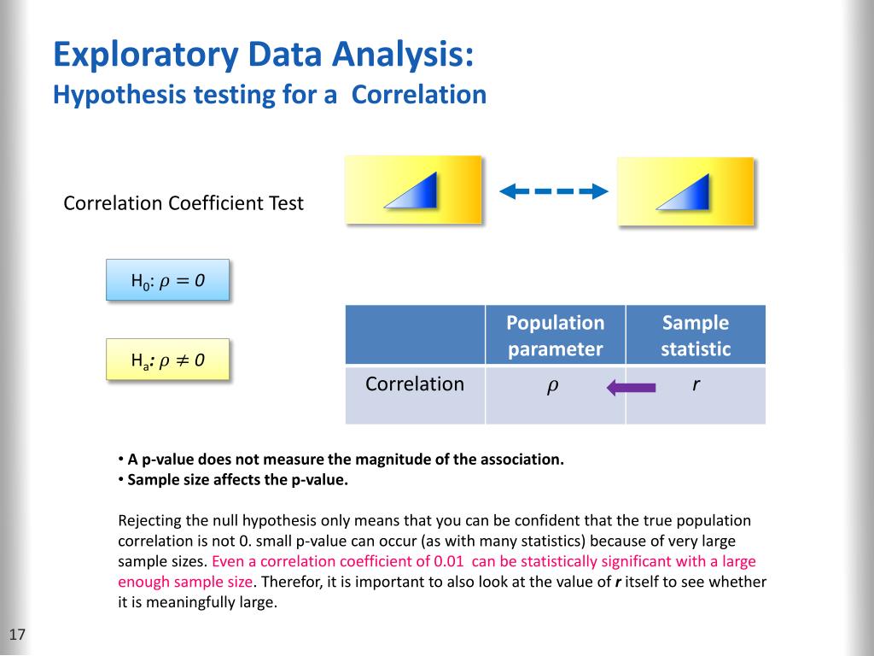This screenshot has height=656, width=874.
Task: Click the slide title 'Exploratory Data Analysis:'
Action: tap(263, 56)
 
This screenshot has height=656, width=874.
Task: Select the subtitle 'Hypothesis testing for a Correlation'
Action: tap(270, 94)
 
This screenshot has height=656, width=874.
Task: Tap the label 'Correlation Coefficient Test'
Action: tap(184, 203)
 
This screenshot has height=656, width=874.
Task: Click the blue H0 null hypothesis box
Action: tap(168, 279)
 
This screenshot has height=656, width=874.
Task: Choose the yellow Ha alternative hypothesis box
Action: tap(168, 360)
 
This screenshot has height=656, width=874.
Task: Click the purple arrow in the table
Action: tap(631, 389)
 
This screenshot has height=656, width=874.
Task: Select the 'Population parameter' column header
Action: tap(555, 336)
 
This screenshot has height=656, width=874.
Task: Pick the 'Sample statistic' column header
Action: tap(696, 336)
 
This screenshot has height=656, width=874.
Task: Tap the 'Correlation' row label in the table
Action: tap(415, 384)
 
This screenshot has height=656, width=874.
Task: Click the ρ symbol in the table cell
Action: tap(552, 386)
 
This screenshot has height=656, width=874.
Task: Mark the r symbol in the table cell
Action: tap(696, 385)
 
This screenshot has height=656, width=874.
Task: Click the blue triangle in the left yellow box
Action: tap(413, 190)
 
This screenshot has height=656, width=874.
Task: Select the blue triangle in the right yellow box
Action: tap(685, 192)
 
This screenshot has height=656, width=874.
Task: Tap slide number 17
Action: tap(18, 635)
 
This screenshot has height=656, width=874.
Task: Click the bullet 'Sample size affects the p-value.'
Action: tap(237, 479)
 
